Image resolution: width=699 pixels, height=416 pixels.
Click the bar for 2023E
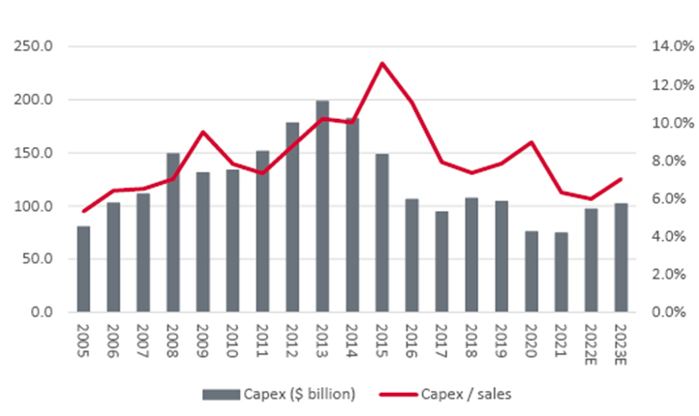point(621,257)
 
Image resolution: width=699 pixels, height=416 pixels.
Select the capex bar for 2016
point(411,255)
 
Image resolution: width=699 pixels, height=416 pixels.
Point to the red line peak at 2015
point(382,64)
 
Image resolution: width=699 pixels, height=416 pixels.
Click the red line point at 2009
point(203,133)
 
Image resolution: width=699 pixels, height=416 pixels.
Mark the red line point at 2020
point(532,142)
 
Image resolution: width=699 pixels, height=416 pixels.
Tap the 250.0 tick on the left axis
point(35,46)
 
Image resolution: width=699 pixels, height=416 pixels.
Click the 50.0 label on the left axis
point(38,259)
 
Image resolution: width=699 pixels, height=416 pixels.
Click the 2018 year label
point(471,340)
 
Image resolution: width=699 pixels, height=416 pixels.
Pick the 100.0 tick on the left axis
point(35,206)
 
